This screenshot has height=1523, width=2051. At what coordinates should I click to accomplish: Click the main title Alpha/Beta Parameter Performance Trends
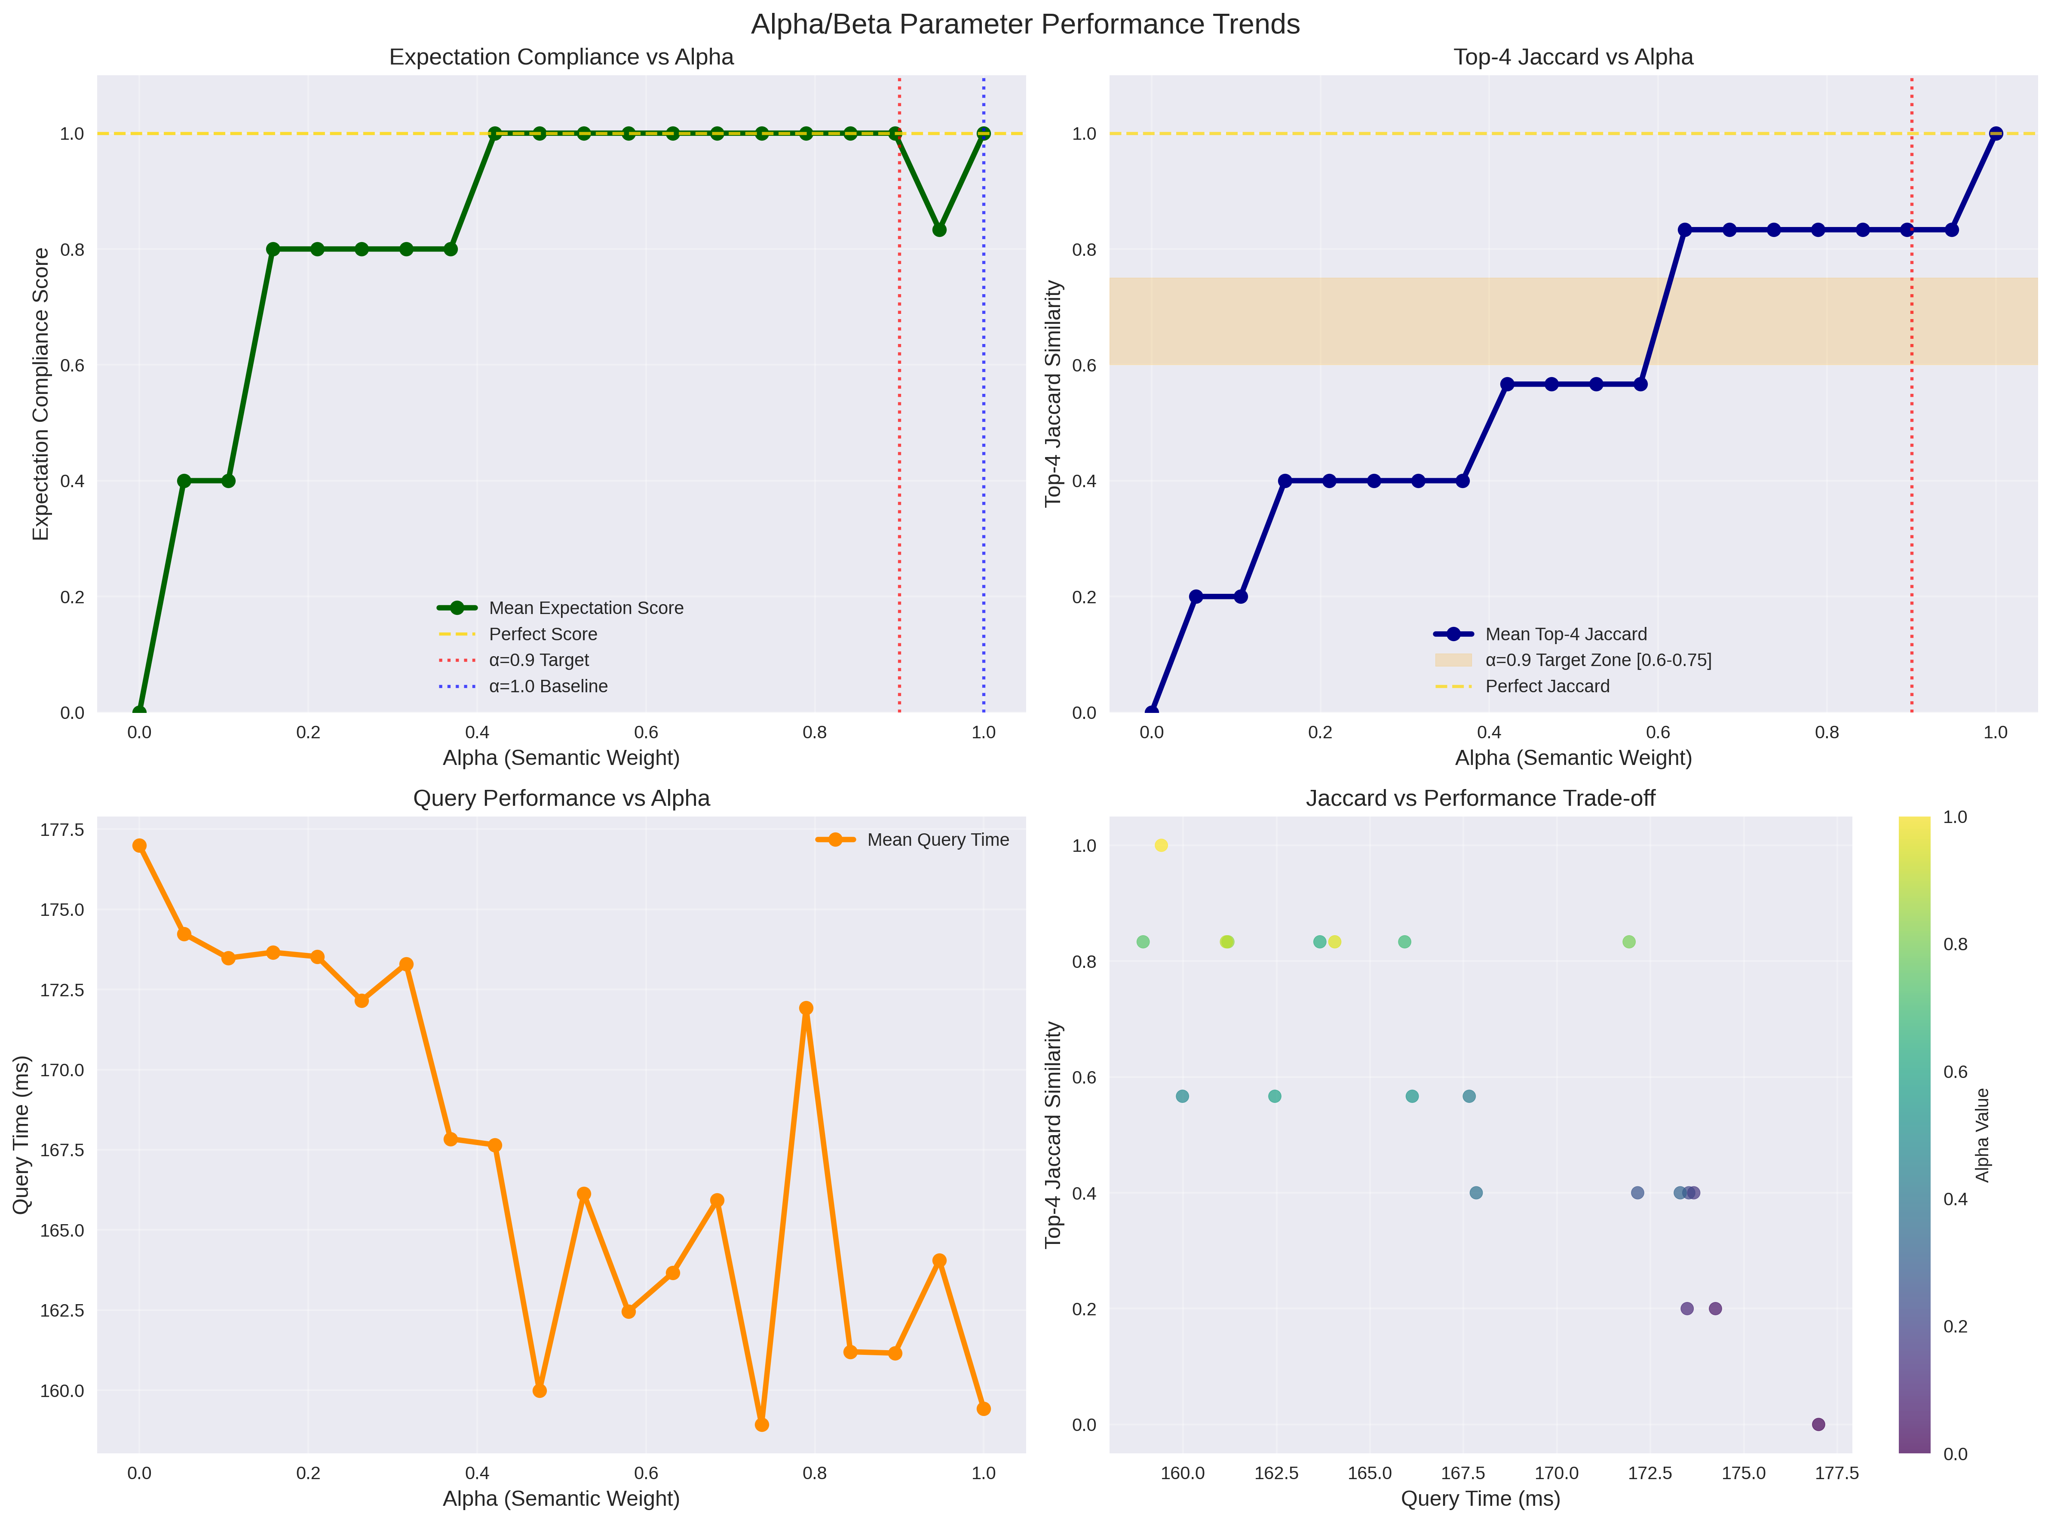click(1025, 24)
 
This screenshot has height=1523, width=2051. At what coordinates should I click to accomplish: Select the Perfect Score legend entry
click(542, 634)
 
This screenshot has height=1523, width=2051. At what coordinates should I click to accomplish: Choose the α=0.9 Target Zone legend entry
click(1597, 660)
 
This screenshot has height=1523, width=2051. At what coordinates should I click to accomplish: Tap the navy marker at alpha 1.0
click(1996, 134)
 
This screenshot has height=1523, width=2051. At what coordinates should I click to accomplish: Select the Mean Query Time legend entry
click(938, 840)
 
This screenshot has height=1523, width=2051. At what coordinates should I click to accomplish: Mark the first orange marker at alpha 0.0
click(139, 845)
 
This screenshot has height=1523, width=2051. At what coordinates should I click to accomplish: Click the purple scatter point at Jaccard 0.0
click(1818, 1425)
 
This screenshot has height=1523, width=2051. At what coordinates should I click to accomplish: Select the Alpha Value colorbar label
click(1983, 1135)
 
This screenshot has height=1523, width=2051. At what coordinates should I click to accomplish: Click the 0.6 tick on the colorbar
click(1955, 1072)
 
